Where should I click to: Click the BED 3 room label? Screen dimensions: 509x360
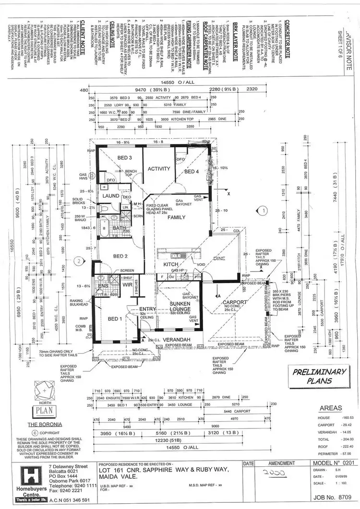click(124, 158)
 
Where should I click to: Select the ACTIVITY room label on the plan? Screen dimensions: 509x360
click(159, 168)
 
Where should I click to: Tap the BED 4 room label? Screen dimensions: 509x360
click(192, 172)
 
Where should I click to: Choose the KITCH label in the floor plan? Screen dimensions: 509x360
click(171, 264)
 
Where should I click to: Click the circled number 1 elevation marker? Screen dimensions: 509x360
click(263, 210)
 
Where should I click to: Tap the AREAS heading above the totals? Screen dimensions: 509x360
click(331, 408)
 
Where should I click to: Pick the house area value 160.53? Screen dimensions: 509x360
click(344, 418)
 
